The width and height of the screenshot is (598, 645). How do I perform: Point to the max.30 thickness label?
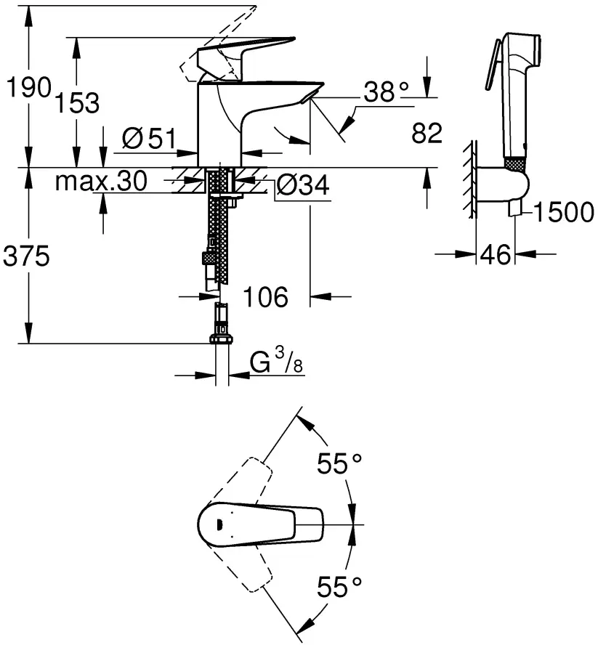(x=101, y=182)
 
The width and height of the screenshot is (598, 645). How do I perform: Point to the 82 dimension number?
(x=427, y=134)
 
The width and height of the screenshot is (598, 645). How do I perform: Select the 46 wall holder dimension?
(x=494, y=255)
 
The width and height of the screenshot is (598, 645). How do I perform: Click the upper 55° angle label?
(x=339, y=463)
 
